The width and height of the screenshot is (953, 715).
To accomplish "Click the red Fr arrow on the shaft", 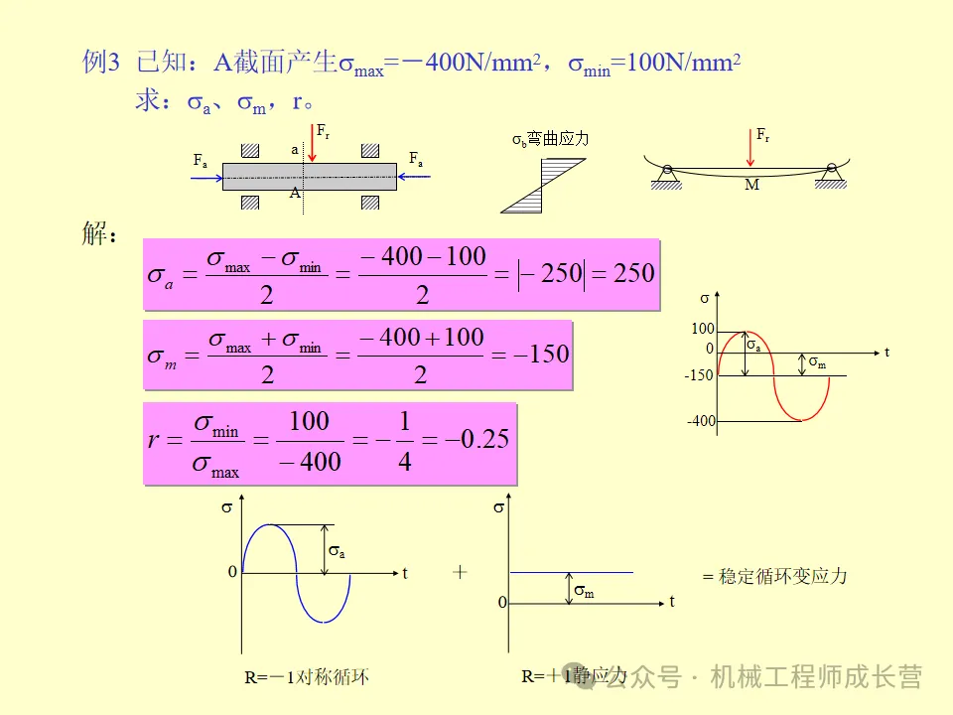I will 314,145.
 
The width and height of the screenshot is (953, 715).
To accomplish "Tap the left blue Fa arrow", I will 207,176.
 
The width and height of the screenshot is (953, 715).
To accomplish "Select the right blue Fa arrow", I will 415,176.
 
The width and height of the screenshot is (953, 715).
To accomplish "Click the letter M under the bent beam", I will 751,186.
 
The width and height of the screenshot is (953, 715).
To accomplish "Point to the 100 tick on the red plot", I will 703,329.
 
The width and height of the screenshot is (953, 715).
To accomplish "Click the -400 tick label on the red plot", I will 700,421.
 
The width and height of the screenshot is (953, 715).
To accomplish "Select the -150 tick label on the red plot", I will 699,375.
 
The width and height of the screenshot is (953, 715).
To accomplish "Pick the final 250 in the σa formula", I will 634,273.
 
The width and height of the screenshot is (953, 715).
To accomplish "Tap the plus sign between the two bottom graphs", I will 460,572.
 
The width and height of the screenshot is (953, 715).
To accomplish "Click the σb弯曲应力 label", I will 550,139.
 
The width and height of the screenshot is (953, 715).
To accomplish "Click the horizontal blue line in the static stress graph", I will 571,572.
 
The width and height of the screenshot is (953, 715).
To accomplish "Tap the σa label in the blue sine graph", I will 337,550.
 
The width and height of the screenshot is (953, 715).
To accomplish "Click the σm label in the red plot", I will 817,363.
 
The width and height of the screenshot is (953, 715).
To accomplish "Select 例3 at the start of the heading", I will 100,64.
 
